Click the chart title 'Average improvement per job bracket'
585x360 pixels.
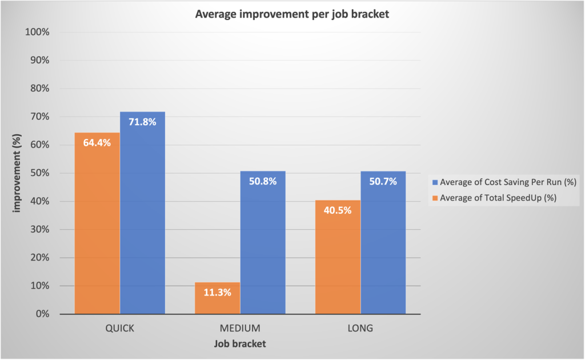[x=292, y=14]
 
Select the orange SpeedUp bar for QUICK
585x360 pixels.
[x=97, y=229]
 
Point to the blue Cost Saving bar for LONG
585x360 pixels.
[x=383, y=246]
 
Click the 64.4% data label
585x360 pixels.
[x=97, y=143]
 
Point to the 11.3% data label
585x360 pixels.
[x=217, y=292]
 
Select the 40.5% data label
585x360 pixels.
[x=338, y=210]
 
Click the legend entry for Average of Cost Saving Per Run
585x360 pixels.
[x=503, y=182]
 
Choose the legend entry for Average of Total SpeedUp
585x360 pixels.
[x=494, y=198]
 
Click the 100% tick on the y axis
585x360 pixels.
[x=38, y=32]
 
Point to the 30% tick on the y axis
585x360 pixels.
[x=41, y=230]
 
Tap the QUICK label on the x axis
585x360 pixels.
[x=119, y=329]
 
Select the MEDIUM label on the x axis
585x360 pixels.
[x=240, y=329]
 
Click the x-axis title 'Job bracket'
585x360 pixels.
[x=240, y=344]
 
